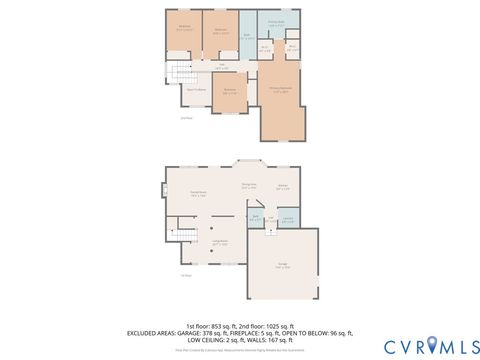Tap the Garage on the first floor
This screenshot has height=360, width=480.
pos(283,264)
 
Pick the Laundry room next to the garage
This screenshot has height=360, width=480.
pos(287,218)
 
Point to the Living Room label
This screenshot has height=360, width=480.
pos(219,242)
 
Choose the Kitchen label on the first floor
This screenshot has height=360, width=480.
pos(283,186)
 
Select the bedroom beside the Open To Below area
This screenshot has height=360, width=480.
pos(229,92)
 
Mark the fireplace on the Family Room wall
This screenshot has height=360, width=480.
pos(164,190)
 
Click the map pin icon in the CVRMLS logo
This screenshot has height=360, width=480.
pos(432,345)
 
